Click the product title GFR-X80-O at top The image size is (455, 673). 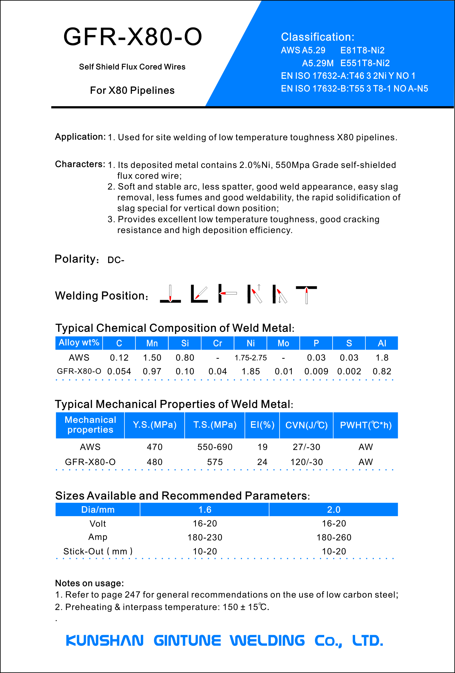coord(132,37)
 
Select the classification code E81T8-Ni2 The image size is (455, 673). coord(362,50)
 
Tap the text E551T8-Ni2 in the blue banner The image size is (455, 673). coord(365,63)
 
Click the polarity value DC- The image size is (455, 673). coord(115,260)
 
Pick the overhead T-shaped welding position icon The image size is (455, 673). coord(306,294)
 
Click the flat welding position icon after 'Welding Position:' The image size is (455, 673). coord(170,294)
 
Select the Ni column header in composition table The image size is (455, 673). coord(250,343)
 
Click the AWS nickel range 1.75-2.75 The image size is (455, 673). coord(250,358)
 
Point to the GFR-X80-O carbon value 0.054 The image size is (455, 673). coord(119,371)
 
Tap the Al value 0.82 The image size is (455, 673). coord(382,371)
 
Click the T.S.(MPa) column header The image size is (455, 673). coord(215,425)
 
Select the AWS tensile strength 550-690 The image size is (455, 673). coord(215,447)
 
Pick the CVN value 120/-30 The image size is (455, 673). coord(306,462)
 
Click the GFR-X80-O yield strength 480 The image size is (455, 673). coord(155,462)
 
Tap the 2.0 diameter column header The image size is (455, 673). coord(334,510)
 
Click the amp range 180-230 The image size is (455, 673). coord(205,538)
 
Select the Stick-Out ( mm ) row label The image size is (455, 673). coord(98,551)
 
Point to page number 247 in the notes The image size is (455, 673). coord(132,594)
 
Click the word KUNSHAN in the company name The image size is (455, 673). coord(105,641)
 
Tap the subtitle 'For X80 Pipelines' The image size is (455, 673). coord(132,90)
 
